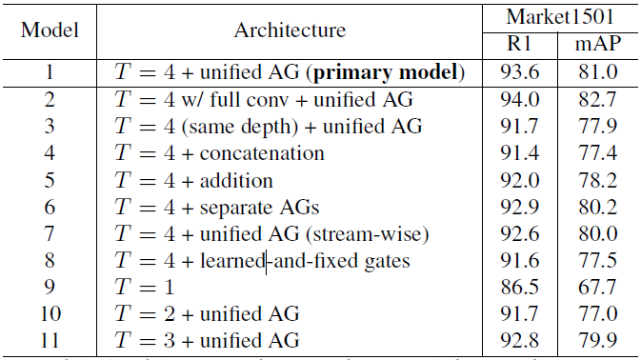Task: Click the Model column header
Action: pyautogui.click(x=50, y=30)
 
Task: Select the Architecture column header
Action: pyautogui.click(x=290, y=30)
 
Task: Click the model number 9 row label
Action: pyautogui.click(x=50, y=287)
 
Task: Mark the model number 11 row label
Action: pyautogui.click(x=50, y=340)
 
